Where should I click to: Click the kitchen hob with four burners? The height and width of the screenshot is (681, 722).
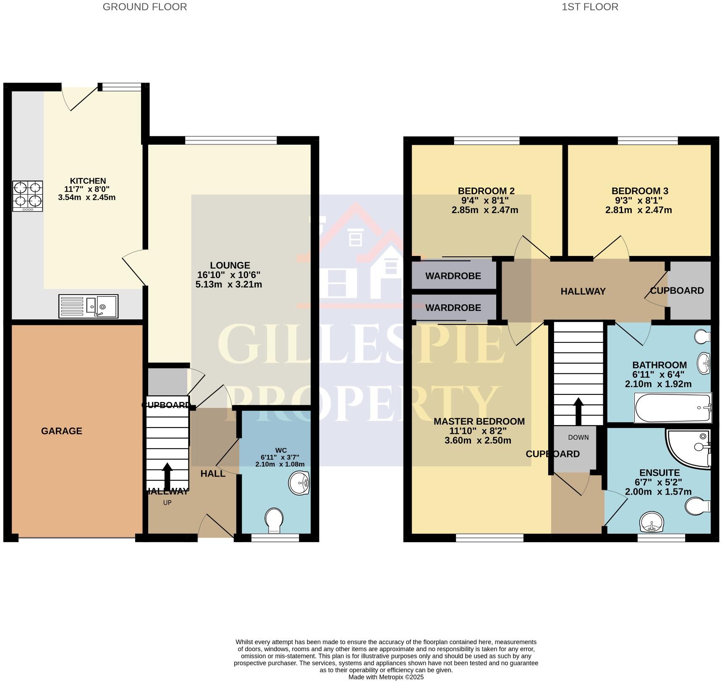[x=28, y=196]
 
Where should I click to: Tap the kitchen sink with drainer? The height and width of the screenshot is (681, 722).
[x=88, y=306]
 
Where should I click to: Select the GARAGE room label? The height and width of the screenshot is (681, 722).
[x=62, y=431]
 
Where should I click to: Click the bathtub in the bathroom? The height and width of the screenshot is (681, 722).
[x=673, y=408]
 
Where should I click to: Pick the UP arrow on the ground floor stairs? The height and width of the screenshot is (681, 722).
[x=167, y=473]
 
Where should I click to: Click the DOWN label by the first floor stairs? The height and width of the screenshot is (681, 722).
[x=578, y=437]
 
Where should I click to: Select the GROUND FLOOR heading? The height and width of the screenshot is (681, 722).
[x=145, y=7]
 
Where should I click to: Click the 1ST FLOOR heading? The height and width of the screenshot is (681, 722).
[x=590, y=7]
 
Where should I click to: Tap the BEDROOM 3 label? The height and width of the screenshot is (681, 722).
[x=639, y=191]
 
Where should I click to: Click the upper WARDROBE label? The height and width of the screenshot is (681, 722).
[x=453, y=276]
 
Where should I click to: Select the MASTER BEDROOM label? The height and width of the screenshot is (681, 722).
[x=479, y=421]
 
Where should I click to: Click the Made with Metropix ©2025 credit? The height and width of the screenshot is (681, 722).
[x=386, y=677]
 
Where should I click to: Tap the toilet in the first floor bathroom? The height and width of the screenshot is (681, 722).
[x=702, y=336]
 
